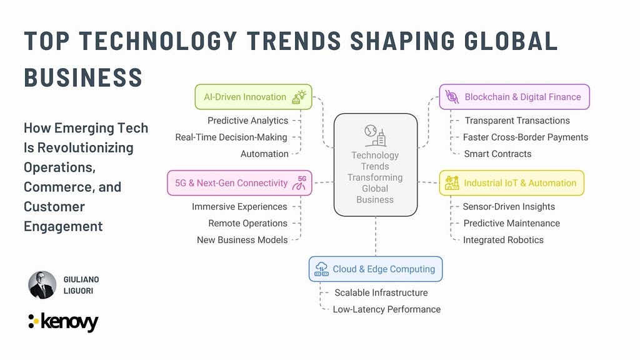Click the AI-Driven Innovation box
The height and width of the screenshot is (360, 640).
(254, 97)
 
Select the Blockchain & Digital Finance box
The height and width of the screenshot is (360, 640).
(514, 97)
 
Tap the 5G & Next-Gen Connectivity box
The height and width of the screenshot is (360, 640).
(239, 183)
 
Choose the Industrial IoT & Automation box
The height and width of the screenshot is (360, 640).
(511, 183)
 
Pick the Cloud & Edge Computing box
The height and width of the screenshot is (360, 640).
(376, 269)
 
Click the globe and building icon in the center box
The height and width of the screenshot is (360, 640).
(376, 136)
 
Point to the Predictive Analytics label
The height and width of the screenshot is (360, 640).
(247, 121)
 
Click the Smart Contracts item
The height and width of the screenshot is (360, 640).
(497, 154)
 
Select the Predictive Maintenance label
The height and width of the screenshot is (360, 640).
(511, 223)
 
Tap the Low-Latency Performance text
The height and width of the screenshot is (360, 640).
(386, 309)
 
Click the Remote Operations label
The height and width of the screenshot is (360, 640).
(247, 223)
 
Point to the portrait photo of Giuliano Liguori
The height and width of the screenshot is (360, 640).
(42, 285)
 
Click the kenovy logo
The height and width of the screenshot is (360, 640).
(63, 322)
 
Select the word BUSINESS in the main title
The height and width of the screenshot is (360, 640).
(83, 77)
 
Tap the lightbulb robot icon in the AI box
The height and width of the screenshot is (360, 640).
(299, 97)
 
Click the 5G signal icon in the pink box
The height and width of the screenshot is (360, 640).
(299, 183)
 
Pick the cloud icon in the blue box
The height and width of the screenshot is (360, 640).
(322, 269)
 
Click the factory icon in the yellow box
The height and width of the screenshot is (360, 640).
(452, 183)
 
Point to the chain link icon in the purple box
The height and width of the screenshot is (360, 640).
(452, 97)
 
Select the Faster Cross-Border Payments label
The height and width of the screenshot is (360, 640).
(525, 137)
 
